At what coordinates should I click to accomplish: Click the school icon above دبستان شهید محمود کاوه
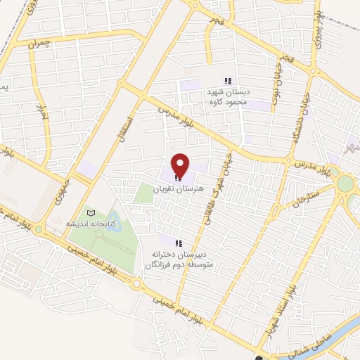(x=226, y=81)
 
